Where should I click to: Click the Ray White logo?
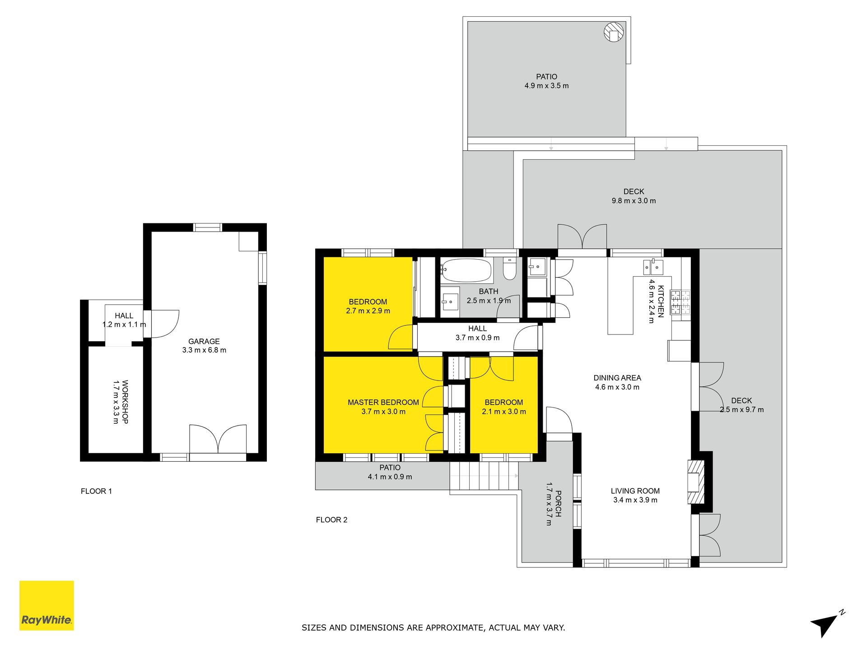pos(47,605)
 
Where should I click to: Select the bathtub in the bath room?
pos(466,270)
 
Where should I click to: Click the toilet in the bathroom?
pos(509,268)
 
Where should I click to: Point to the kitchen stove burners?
pos(680,302)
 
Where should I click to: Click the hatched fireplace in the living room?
pos(696,482)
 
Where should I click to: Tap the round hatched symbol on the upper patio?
pos(614,32)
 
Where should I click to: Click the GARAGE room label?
pos(204,341)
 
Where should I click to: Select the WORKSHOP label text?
pos(125,402)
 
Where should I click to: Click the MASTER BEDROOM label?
pos(383,402)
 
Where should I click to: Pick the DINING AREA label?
pos(617,378)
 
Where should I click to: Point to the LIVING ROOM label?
pos(635,491)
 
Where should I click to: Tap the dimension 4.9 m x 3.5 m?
pos(546,86)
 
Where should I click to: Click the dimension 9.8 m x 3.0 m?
pos(634,201)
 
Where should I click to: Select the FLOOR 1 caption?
pos(96,491)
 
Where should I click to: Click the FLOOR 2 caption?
pos(332,520)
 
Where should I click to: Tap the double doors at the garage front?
pos(218,439)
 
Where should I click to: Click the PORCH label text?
pos(559,504)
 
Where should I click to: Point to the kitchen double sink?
pos(653,267)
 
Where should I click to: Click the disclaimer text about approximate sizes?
pos(433,627)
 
